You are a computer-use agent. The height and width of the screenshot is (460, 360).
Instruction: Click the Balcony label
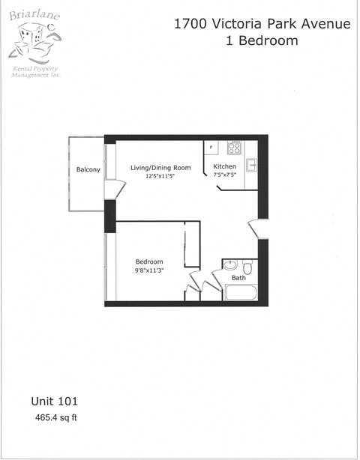[88, 170]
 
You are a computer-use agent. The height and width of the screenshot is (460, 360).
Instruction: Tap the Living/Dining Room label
[160, 167]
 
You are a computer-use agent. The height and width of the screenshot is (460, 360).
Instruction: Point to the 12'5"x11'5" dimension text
[160, 176]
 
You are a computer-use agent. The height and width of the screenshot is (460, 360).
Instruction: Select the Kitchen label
[225, 166]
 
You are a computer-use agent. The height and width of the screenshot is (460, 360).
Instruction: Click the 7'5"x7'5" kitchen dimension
[225, 175]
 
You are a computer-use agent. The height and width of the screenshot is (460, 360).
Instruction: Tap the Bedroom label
[148, 262]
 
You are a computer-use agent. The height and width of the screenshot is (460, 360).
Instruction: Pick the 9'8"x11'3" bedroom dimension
[148, 271]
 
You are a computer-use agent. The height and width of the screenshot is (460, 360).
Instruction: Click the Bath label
[238, 278]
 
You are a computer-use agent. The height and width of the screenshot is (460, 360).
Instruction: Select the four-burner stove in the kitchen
[234, 147]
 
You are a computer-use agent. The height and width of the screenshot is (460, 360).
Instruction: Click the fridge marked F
[211, 147]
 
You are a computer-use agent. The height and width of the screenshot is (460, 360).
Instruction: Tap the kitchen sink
[253, 165]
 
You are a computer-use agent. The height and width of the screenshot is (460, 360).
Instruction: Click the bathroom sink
[230, 265]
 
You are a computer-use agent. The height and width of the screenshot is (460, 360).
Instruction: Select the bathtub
[240, 291]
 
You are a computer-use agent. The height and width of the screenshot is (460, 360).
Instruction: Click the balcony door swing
[112, 190]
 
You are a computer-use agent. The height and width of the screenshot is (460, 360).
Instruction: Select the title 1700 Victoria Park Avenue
[262, 24]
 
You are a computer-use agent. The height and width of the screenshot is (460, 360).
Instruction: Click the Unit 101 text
[54, 402]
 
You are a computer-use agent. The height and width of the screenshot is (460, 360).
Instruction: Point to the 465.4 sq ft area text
[55, 417]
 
